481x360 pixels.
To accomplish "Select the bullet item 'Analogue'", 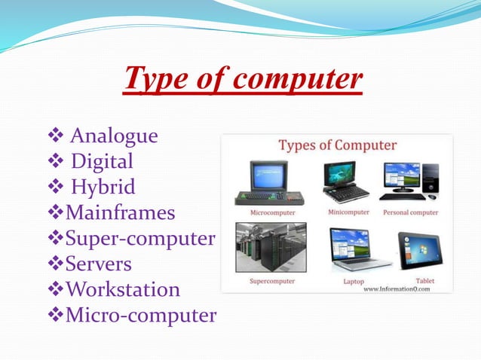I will pos(114,136).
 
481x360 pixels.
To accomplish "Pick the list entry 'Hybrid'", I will pos(103,187).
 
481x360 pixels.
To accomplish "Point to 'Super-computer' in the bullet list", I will pos(140,239).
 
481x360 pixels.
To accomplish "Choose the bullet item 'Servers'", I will pos(99,264).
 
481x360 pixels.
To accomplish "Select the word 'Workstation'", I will pos(123,290).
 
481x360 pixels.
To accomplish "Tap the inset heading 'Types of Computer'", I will pos(337,145).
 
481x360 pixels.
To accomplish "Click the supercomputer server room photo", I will pos(271,247).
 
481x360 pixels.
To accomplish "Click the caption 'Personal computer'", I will pos(411,212).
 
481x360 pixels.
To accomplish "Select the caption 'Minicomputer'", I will pos(349,212).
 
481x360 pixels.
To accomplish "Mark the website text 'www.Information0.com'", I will pos(397,288).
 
